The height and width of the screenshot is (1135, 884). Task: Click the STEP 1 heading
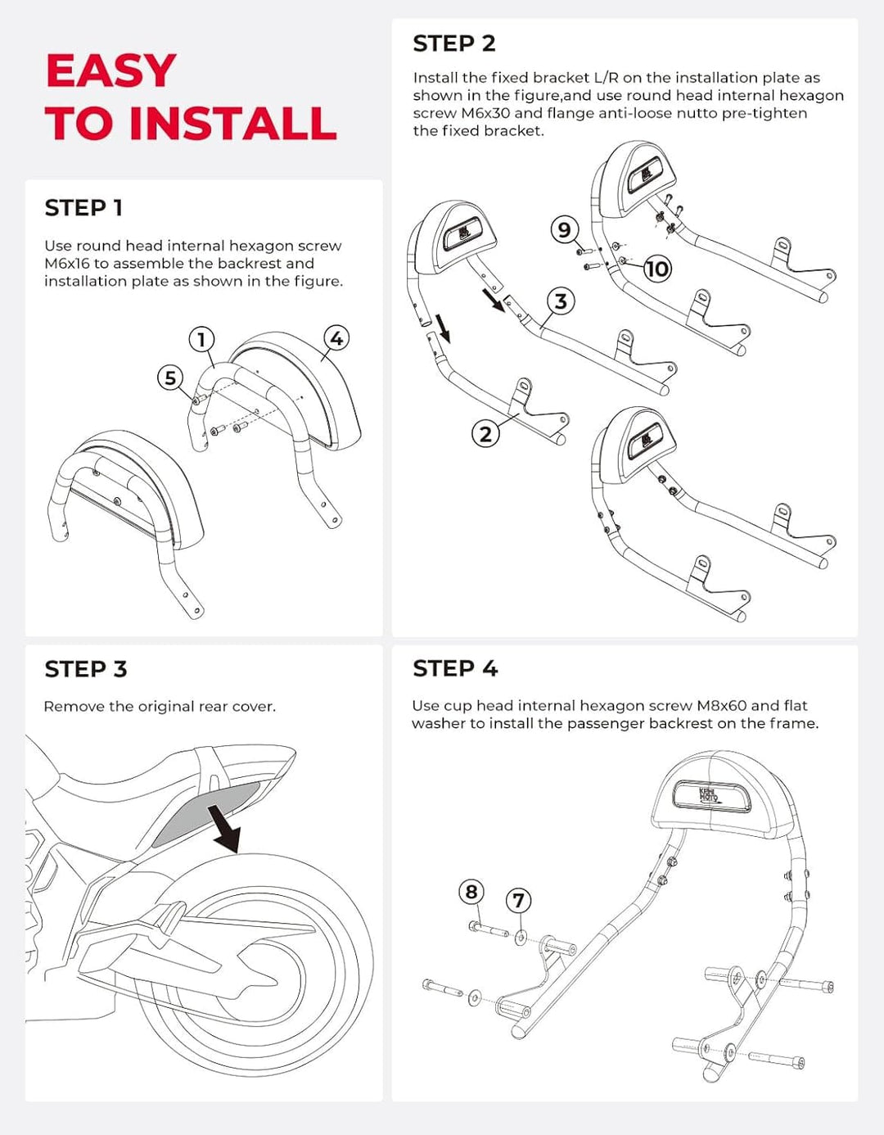pos(83,208)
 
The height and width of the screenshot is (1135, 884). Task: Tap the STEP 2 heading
pos(454,43)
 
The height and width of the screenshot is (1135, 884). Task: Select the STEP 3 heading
pos(86,669)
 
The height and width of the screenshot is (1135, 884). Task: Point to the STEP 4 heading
pos(455,668)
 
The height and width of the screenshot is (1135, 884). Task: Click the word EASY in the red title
pos(111,71)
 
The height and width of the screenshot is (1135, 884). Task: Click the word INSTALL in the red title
pos(233,124)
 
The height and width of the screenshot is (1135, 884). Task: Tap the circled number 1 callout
pos(201,339)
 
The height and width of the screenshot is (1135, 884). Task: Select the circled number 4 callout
pos(336,338)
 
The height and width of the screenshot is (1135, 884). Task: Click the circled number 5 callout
pos(170,378)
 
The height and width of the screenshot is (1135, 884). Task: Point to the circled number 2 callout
pos(485,433)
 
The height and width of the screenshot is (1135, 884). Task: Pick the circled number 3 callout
pos(561,301)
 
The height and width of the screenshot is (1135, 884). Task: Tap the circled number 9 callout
pos(564,229)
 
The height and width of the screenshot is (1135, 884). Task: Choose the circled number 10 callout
pos(656,269)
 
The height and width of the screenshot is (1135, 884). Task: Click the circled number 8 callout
pos(471,891)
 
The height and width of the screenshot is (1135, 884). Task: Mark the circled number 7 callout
pos(518,901)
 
